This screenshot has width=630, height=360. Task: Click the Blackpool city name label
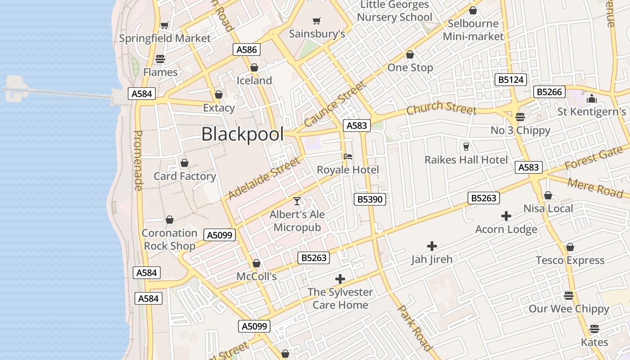(243, 135)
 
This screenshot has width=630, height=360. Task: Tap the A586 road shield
(247, 49)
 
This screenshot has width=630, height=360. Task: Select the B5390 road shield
(370, 199)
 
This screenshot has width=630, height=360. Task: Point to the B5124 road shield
(511, 80)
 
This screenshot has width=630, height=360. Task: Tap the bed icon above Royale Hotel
(348, 157)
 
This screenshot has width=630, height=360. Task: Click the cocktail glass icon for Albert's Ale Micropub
(297, 201)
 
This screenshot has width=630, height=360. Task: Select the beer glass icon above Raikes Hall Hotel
(466, 146)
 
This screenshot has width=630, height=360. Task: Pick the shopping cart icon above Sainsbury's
(317, 21)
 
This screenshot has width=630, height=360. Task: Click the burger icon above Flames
(160, 58)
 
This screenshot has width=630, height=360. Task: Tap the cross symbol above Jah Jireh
(432, 246)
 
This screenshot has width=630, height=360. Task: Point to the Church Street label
(441, 108)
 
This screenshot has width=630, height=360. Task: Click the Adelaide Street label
(263, 179)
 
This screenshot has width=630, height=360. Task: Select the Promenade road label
(139, 160)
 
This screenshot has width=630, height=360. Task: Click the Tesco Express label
(570, 261)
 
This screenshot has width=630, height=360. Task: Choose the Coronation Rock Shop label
(170, 239)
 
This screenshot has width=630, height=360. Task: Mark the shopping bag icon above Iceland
(254, 67)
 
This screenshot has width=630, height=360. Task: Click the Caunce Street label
(335, 104)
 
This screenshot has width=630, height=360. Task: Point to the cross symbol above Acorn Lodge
(506, 216)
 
